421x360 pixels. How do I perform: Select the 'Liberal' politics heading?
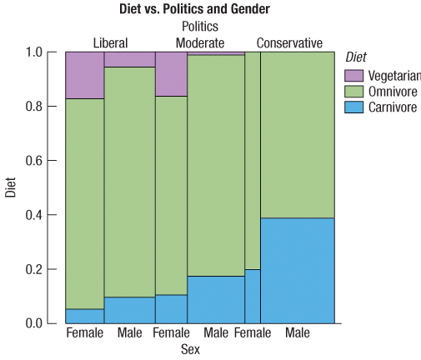(110, 42)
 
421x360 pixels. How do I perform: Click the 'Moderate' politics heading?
(200, 42)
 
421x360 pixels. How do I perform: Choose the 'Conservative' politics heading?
(289, 42)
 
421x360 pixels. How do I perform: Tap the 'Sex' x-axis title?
(190, 349)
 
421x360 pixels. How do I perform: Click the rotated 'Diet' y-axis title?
(11, 187)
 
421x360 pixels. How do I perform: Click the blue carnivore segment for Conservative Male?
(297, 270)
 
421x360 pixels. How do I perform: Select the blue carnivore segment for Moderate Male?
(216, 299)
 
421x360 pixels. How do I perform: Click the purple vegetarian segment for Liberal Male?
(129, 59)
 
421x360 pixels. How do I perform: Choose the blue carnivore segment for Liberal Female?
(84, 316)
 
